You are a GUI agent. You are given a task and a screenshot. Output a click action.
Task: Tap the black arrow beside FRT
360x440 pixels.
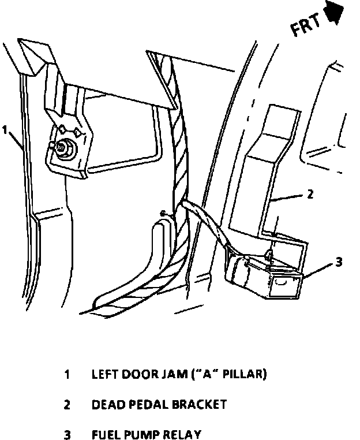click(336, 13)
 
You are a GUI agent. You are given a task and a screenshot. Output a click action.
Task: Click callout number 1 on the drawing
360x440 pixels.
click(5, 130)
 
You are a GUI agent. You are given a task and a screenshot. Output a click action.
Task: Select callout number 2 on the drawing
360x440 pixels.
click(310, 194)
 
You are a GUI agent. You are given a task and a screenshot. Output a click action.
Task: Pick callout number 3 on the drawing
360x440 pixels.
click(339, 262)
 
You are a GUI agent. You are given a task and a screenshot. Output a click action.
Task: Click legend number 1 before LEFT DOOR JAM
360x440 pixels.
click(67, 374)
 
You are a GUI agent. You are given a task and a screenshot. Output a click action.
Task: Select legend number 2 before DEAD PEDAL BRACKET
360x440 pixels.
click(67, 405)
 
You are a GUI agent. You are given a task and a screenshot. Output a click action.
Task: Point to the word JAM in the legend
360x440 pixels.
click(168, 374)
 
